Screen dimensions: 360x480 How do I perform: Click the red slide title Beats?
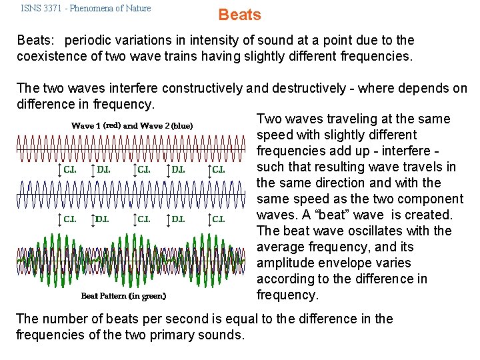point(240,15)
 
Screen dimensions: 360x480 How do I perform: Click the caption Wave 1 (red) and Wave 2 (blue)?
point(132,125)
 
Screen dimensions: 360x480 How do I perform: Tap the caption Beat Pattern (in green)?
point(123,295)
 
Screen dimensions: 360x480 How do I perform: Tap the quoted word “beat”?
point(360,215)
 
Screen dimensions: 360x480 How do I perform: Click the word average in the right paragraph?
point(281,247)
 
